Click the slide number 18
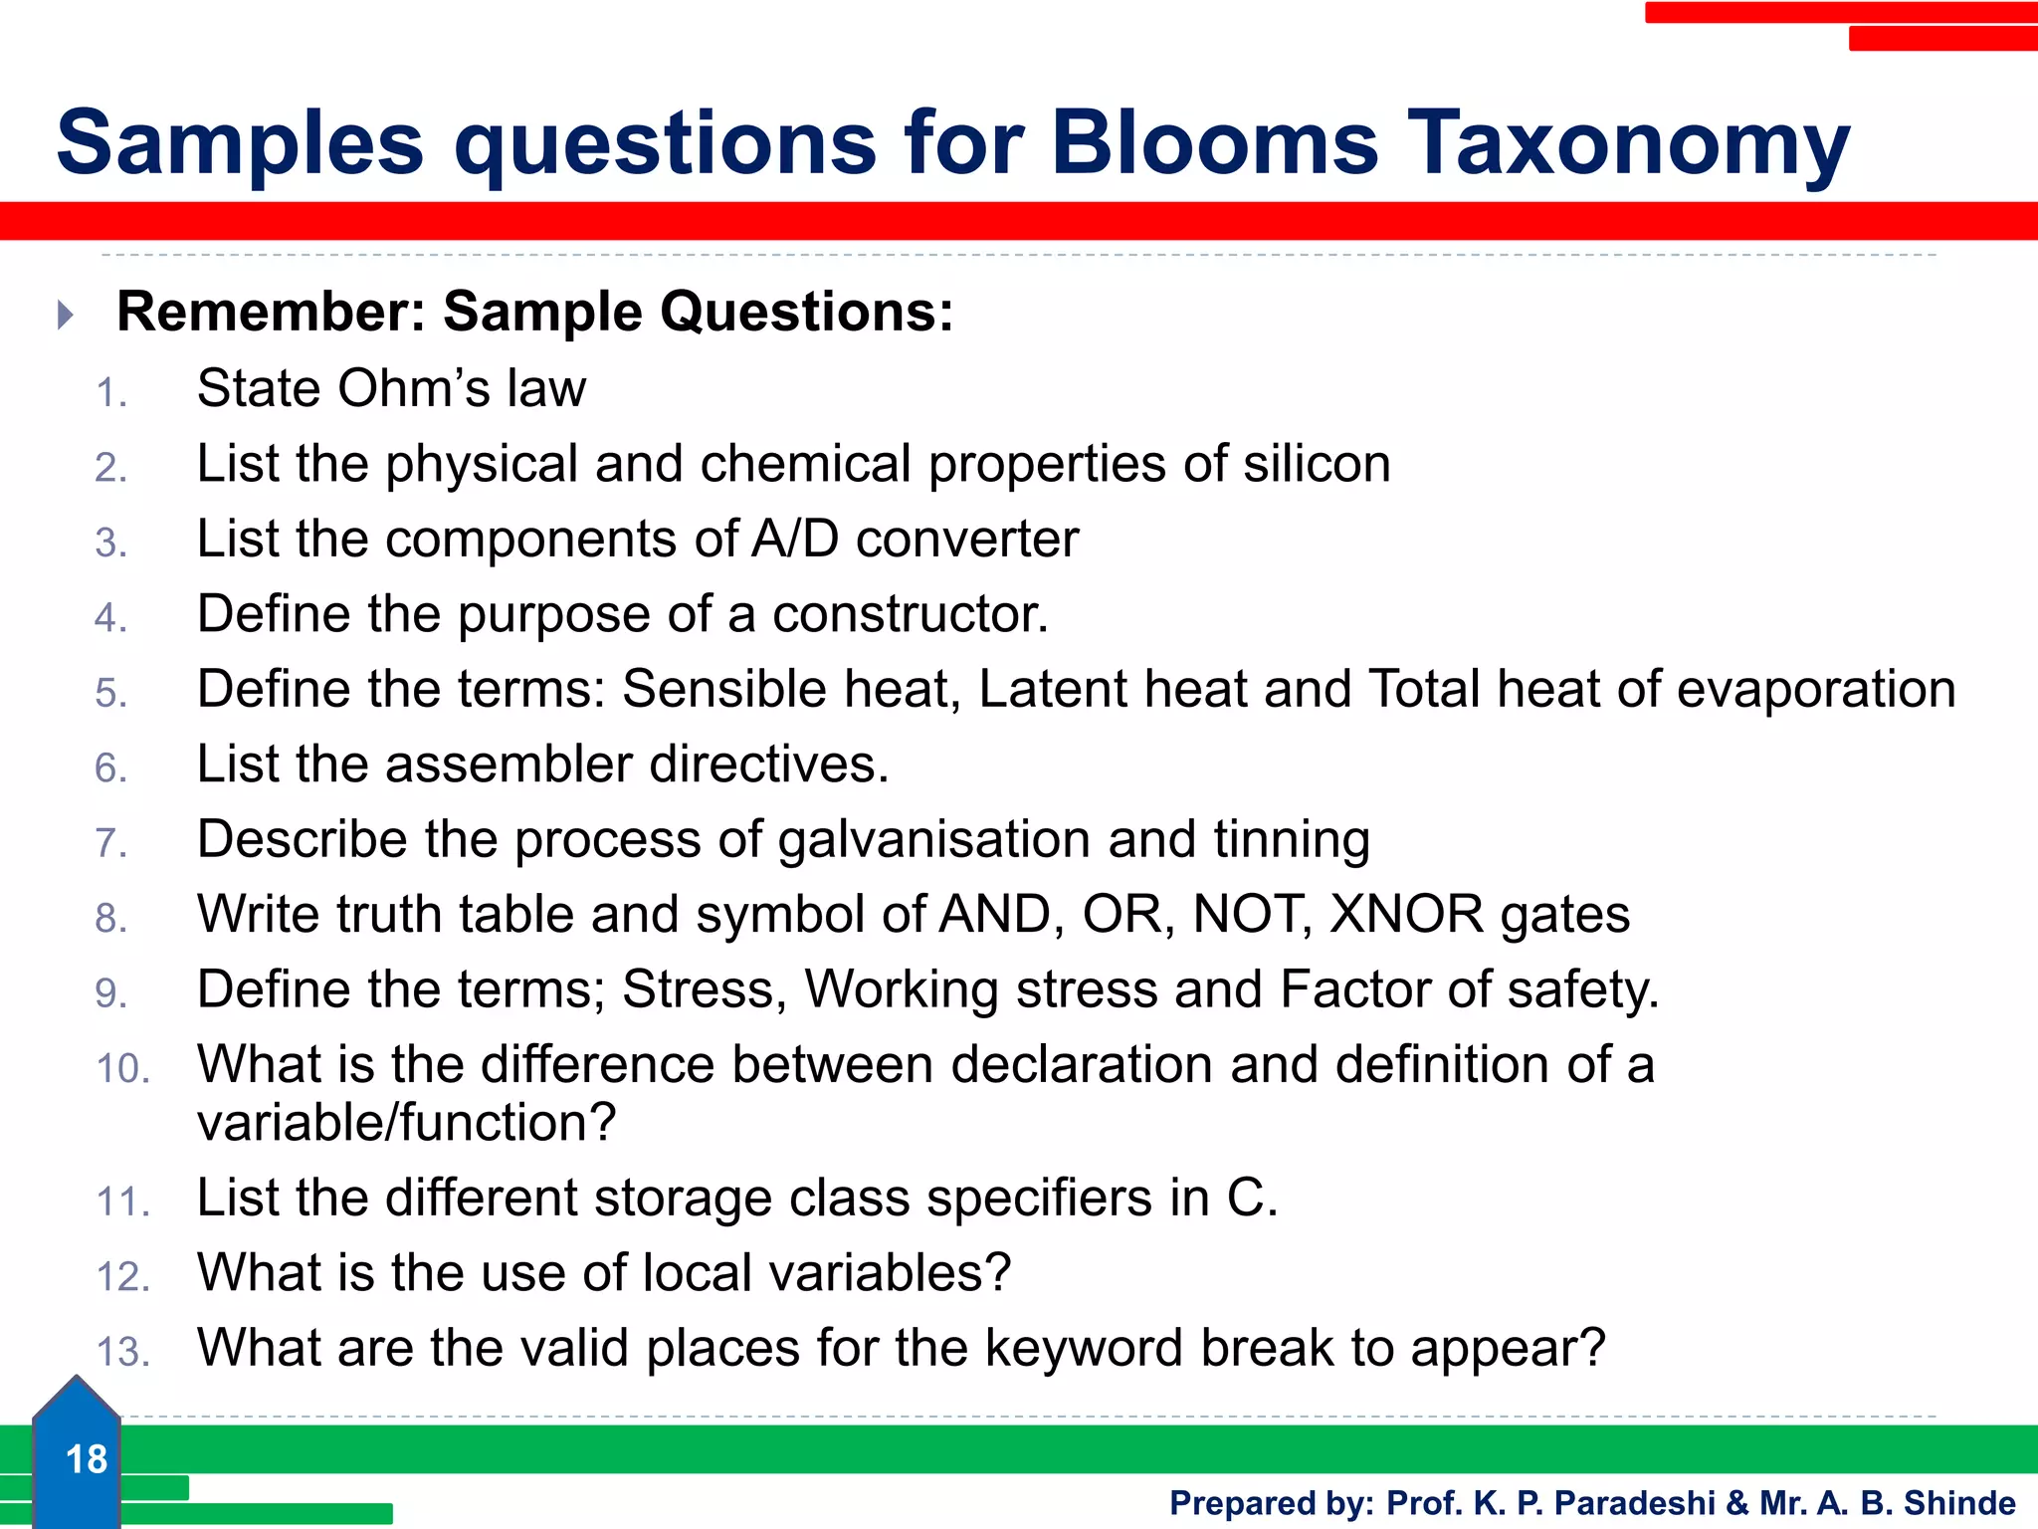[86, 1459]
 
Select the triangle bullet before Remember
[66, 315]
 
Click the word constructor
[911, 614]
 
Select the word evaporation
[1816, 689]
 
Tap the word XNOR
[1406, 914]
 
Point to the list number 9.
[110, 993]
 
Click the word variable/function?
[406, 1123]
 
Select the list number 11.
[122, 1201]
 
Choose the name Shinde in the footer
[1959, 1502]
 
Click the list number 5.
[110, 693]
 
